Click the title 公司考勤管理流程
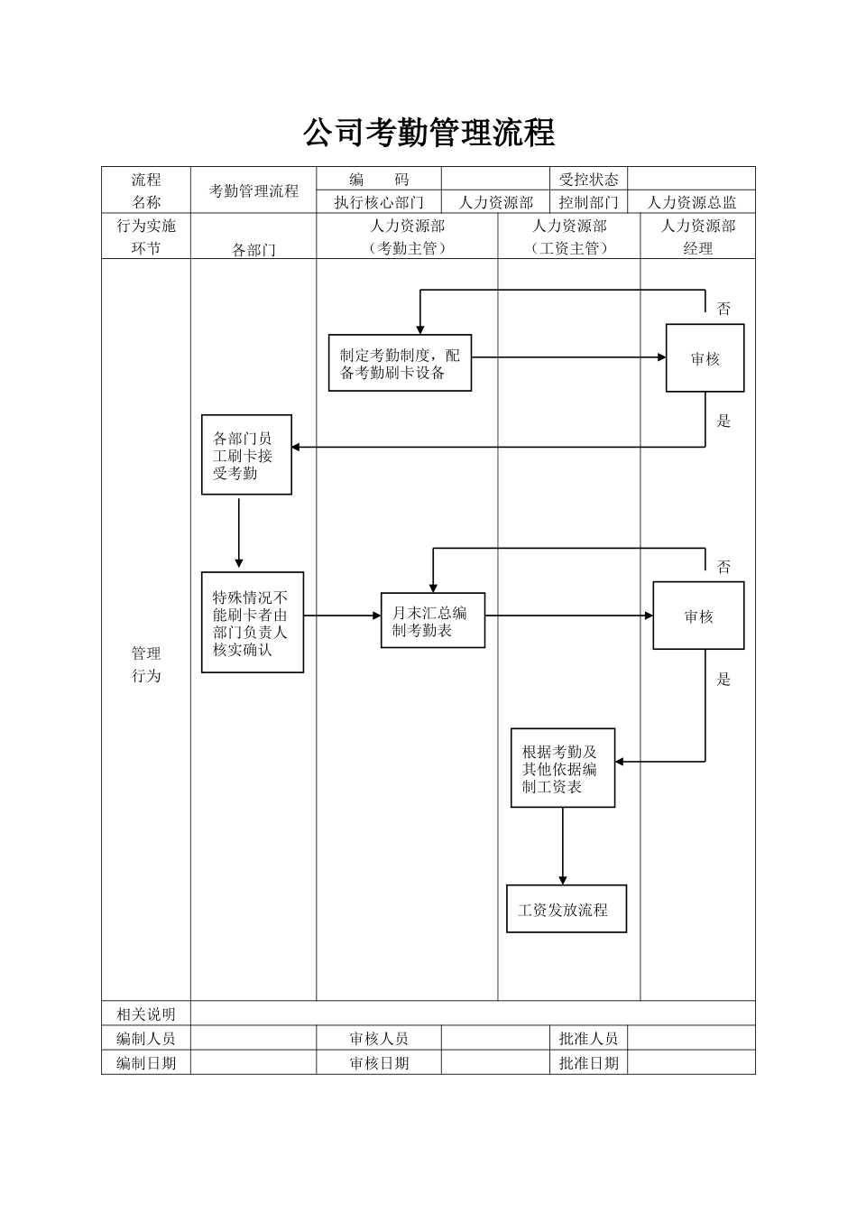coord(428,133)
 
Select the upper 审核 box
coord(705,358)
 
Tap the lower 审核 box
coord(698,616)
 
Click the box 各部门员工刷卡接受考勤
coord(246,455)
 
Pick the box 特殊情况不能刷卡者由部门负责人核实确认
coord(252,623)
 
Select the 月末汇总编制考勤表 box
coord(432,620)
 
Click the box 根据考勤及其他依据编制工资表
coord(562,768)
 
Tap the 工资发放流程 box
coord(566,910)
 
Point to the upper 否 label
coord(723,309)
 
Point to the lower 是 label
coord(723,680)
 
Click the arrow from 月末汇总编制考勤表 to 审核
coord(568,616)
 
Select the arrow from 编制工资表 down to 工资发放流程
coord(563,846)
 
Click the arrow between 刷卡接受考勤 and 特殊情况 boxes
coord(239,532)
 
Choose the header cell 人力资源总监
coord(692,202)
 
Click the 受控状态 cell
coord(588,179)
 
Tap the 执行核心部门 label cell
coord(379,202)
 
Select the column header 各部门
coord(253,249)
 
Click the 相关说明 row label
coord(146,1014)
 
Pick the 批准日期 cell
coord(588,1062)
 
